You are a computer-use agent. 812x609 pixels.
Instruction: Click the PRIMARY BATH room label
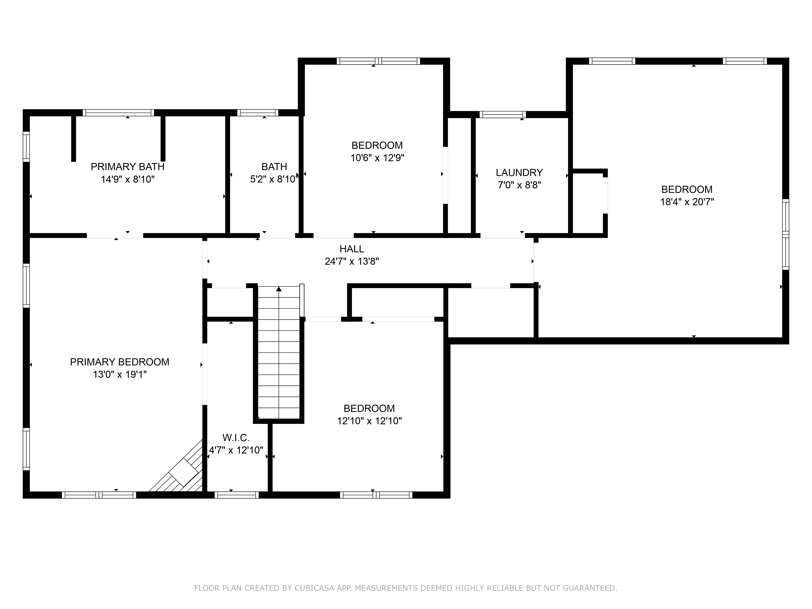(127, 167)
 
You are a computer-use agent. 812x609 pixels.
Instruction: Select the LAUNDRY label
(519, 173)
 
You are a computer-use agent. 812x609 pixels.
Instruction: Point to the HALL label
(352, 249)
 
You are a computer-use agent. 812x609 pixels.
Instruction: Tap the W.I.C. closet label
(236, 438)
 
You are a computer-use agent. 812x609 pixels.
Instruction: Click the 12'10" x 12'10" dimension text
(369, 421)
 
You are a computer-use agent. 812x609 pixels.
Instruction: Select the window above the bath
(257, 113)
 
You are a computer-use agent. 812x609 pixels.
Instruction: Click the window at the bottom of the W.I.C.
(236, 495)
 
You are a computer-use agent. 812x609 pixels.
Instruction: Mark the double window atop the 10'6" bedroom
(378, 61)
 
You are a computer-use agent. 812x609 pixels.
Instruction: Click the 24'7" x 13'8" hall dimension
(352, 261)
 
